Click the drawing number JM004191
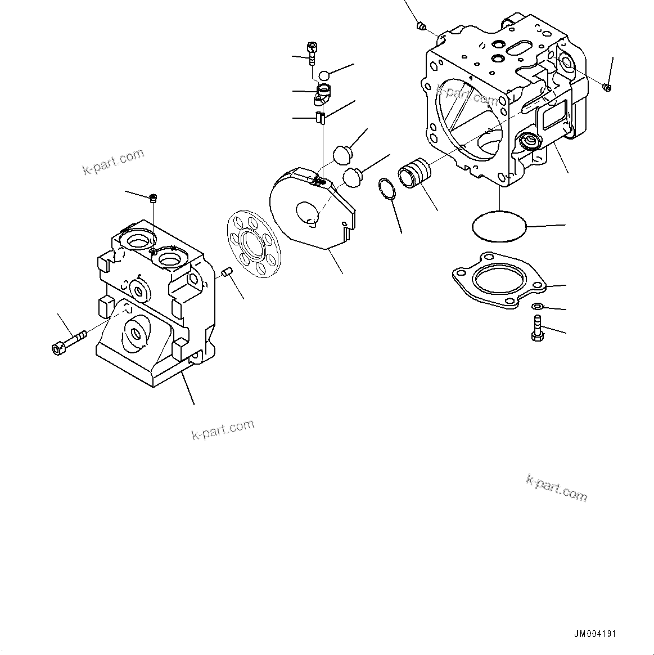coord(595,634)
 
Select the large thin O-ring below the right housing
coord(498,226)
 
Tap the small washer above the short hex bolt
coord(536,306)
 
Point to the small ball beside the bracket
coord(324,75)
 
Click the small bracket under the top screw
coord(323,94)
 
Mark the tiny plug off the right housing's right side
coord(606,87)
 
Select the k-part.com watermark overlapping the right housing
coord(466,95)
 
